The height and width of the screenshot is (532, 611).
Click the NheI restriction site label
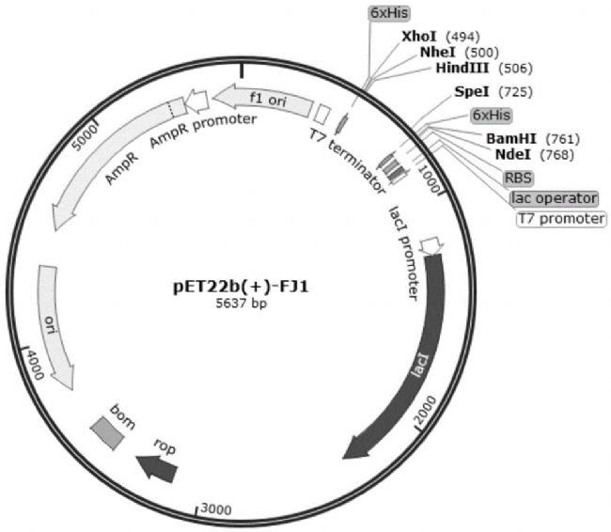437,52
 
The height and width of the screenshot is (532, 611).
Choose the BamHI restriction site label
511,138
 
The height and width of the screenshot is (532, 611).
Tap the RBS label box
518,177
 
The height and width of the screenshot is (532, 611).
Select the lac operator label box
554,198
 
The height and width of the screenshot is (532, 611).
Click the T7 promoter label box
561,219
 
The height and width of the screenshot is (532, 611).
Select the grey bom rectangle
107,431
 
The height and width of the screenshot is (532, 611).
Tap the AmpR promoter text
202,131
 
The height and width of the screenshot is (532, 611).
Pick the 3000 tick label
215,509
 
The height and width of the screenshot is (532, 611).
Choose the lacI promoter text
403,252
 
